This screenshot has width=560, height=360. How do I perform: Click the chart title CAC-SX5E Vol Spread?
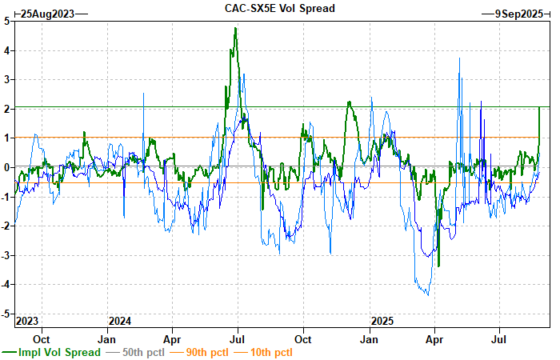click(x=279, y=8)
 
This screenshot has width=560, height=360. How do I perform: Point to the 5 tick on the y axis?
click(x=6, y=21)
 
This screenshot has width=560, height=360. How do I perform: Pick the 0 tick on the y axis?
click(x=6, y=167)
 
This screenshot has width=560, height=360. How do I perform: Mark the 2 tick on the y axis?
click(x=6, y=109)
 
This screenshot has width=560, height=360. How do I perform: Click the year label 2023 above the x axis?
click(x=26, y=321)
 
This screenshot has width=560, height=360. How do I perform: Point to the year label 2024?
click(x=119, y=321)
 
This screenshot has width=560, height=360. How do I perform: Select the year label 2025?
click(x=382, y=321)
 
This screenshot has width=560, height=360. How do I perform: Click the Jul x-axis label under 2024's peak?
click(x=238, y=338)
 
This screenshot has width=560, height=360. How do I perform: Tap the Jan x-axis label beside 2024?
click(x=108, y=338)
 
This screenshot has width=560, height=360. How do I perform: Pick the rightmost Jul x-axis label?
click(x=500, y=338)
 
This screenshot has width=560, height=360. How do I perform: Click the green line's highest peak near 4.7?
click(x=235, y=29)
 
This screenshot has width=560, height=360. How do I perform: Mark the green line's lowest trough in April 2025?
click(x=438, y=266)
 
